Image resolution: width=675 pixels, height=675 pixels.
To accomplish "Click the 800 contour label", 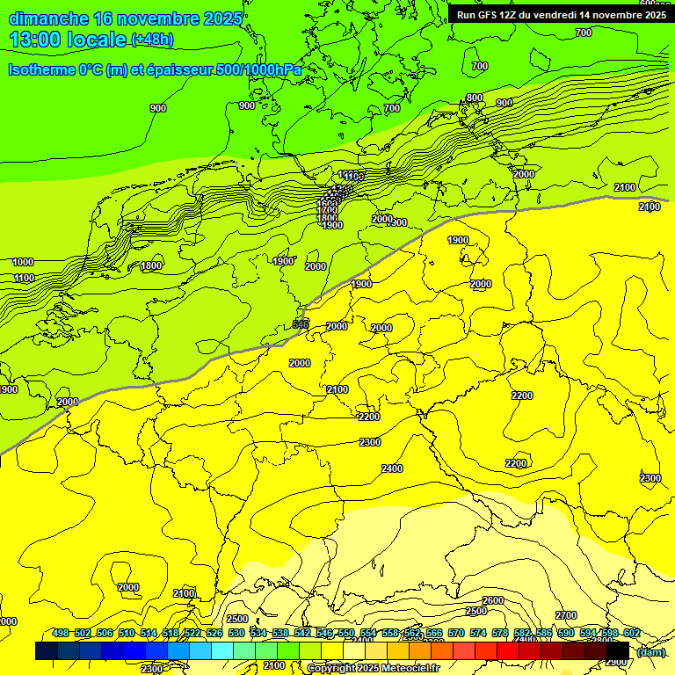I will click(x=475, y=98).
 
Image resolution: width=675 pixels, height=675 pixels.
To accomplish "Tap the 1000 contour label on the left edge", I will click(x=23, y=262).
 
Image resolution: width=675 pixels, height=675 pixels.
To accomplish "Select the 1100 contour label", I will click(x=24, y=278).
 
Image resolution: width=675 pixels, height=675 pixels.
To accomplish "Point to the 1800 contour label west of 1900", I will click(x=151, y=265).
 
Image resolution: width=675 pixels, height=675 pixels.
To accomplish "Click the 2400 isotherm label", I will click(x=392, y=468).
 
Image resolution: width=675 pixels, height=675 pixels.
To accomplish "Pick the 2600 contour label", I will click(x=493, y=600).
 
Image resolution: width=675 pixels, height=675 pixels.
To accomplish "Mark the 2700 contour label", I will click(x=566, y=615).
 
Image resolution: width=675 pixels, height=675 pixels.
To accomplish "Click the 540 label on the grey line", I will click(x=301, y=324).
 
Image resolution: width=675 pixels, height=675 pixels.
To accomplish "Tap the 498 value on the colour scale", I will click(x=61, y=634).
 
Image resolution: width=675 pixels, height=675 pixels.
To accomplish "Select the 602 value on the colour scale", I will click(x=631, y=634).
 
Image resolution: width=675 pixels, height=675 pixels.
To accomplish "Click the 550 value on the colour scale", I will click(x=345, y=634).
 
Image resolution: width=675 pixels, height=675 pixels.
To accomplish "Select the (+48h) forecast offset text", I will click(x=152, y=39).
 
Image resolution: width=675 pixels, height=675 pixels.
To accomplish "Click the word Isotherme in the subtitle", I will click(x=40, y=69).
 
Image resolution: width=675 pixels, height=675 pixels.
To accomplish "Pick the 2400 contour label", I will click(x=392, y=468).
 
